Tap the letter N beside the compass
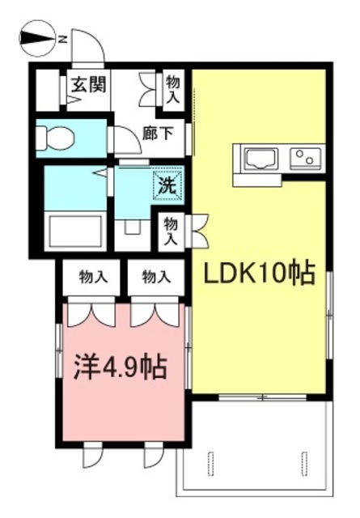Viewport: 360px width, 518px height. click(62, 38)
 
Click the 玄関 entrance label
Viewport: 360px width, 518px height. click(84, 83)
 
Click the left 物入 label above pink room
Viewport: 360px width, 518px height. click(93, 278)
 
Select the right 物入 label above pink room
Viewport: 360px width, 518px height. click(156, 278)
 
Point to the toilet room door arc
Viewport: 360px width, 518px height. click(126, 142)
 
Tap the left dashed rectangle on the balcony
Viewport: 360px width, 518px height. click(213, 465)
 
